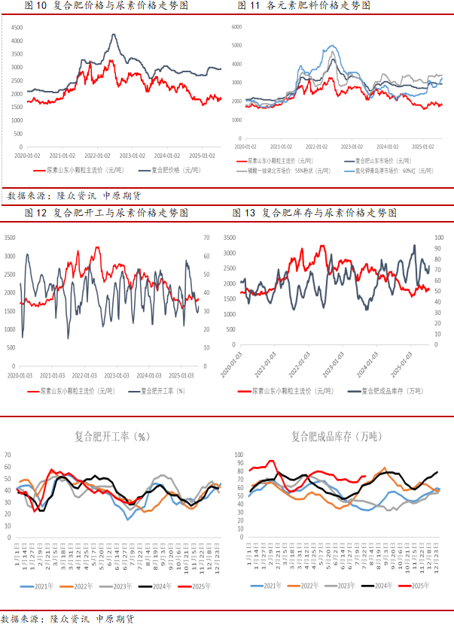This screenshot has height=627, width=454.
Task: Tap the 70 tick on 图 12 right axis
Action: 206,238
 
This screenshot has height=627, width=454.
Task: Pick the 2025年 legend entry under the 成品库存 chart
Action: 417,585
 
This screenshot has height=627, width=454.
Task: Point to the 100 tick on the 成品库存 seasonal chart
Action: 239,455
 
